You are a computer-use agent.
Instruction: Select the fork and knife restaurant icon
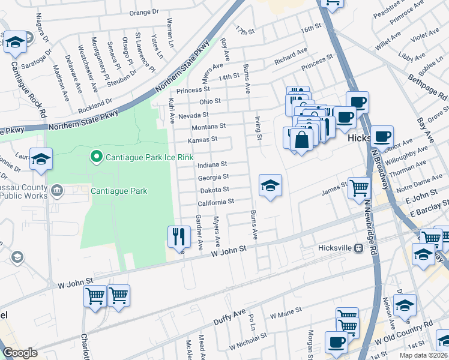pos(178,236)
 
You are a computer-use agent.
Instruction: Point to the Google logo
pos(20,353)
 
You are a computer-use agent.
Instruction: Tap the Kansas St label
pos(202,139)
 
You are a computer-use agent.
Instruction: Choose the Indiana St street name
pos(212,164)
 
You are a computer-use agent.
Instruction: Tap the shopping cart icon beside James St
pos(359,188)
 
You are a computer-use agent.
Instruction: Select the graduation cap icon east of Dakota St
pos(270,185)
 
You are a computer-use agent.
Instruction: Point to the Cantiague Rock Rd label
pos(26,85)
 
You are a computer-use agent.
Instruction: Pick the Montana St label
pos(208,127)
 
